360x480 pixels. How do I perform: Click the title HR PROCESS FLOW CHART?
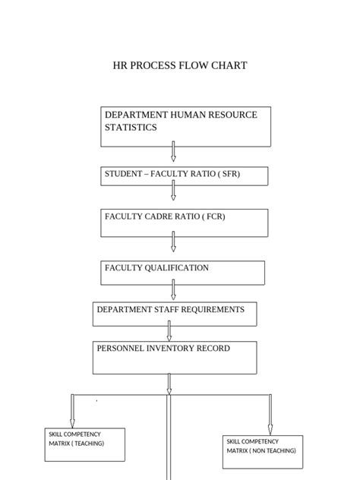click(180, 66)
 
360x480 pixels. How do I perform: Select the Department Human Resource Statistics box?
click(185, 126)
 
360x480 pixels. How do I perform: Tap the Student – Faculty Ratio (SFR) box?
click(185, 175)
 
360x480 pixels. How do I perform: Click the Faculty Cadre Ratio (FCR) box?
click(185, 223)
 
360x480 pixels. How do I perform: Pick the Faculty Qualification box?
click(183, 273)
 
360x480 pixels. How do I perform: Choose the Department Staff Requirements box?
click(174, 314)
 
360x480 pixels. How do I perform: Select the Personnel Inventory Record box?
click(174, 357)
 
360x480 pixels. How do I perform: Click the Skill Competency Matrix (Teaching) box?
click(84, 444)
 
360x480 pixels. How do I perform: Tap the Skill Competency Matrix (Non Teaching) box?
click(262, 452)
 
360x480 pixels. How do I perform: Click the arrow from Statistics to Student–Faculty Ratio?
click(173, 151)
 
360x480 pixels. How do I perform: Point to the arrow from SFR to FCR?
click(173, 194)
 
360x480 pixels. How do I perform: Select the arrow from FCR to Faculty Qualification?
click(173, 242)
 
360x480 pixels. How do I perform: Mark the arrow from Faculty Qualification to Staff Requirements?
click(173, 289)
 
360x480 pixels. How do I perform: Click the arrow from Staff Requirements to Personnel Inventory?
click(169, 330)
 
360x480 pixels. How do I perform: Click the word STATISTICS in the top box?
click(131, 128)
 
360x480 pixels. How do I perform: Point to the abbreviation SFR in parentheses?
click(230, 175)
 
